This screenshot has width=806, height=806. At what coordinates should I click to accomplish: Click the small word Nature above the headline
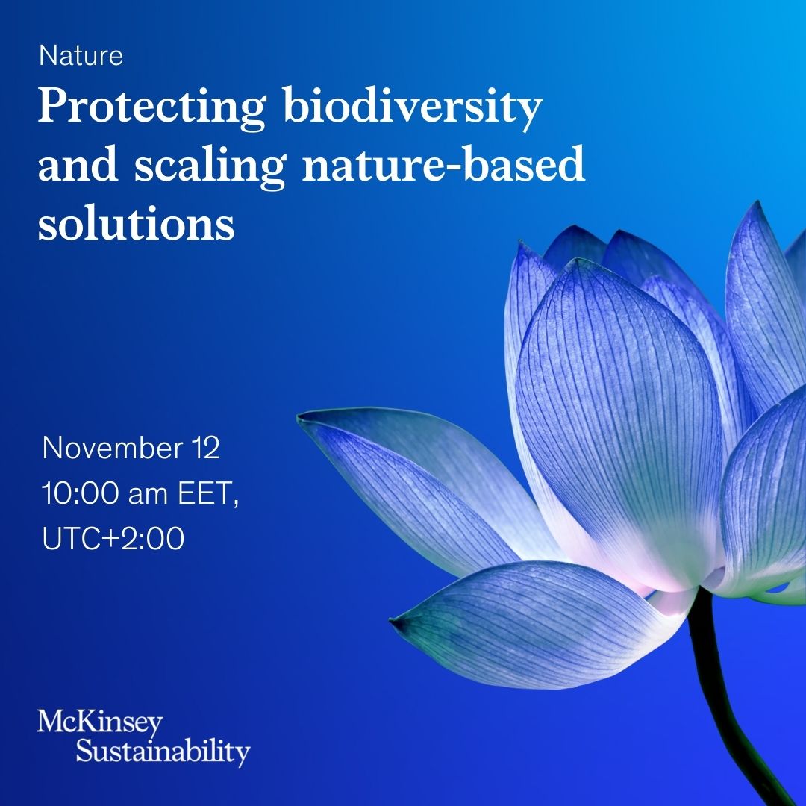(x=81, y=56)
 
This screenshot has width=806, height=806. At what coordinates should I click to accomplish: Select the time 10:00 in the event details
(x=71, y=493)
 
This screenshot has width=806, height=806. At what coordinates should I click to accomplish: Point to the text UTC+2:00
(x=113, y=538)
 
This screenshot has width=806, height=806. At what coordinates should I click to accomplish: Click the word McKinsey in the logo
(x=99, y=723)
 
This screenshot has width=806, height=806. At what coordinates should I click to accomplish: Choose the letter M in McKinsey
(x=50, y=723)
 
